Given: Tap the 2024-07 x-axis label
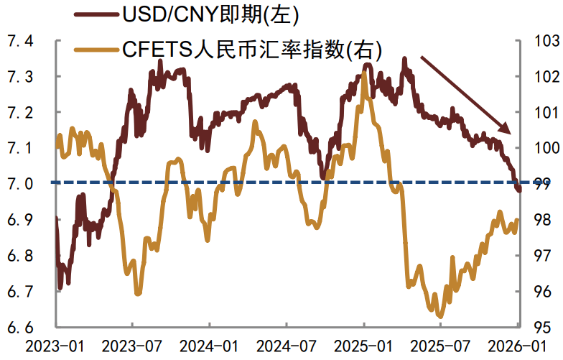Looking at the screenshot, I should point(287,346).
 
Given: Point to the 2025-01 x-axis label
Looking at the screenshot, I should point(364,346).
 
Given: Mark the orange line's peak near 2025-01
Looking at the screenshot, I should point(365,73).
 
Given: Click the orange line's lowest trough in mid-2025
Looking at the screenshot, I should point(440,315).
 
